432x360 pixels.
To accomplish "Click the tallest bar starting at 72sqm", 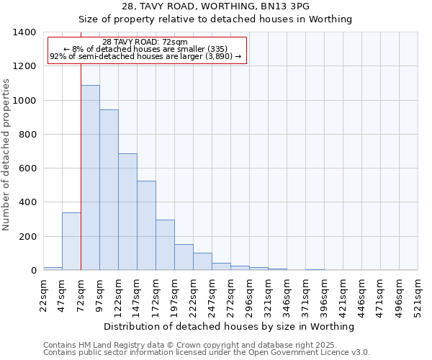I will (x=90, y=178).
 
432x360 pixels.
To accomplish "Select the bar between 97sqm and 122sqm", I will (x=109, y=190).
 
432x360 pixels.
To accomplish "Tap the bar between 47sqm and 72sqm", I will (x=71, y=241).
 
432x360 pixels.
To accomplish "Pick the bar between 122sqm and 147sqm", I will (x=127, y=212).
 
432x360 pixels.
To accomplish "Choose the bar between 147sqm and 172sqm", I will (x=146, y=225).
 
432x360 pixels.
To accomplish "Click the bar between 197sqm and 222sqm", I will (x=184, y=257).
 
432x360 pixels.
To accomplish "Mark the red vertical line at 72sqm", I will (x=81, y=166).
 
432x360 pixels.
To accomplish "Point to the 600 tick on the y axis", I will (x=27, y=168).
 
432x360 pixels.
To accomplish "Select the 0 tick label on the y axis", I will (x=33, y=271).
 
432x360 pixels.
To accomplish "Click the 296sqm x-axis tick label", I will (x=249, y=294).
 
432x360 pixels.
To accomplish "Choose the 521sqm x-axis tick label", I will (x=418, y=294).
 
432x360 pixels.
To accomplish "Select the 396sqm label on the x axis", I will (x=324, y=294).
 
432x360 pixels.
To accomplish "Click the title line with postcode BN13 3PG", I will (x=215, y=6).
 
